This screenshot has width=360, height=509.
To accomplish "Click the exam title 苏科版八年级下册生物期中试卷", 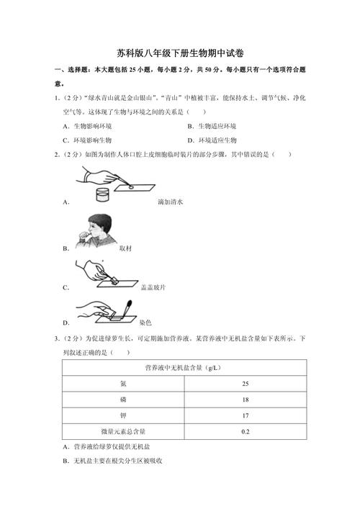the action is pyautogui.click(x=179, y=53).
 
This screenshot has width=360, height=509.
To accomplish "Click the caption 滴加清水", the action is pyautogui.click(x=171, y=203).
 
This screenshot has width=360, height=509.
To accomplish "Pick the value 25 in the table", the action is pyautogui.click(x=246, y=384).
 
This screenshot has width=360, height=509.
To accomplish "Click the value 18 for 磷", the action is pyautogui.click(x=246, y=400).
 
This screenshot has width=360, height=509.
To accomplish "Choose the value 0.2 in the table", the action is pyautogui.click(x=246, y=431).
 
